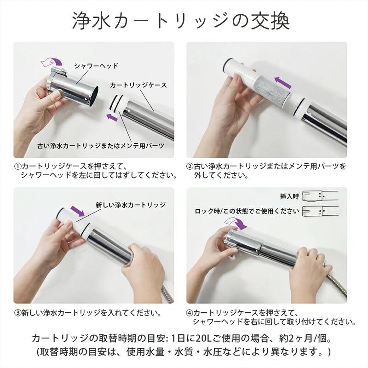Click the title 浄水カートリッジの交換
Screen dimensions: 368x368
[x=181, y=21]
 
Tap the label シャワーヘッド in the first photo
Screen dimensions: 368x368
[x=96, y=66]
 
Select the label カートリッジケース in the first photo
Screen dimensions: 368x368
[x=138, y=85]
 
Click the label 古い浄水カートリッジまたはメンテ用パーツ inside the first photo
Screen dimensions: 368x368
[x=101, y=146]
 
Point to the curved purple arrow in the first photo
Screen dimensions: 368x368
[x=52, y=61]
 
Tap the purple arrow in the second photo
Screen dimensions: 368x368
[x=283, y=82]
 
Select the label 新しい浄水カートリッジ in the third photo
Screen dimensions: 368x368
[x=131, y=205]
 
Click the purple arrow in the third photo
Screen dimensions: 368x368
[x=77, y=211]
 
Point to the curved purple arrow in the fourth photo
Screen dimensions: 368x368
[x=236, y=223]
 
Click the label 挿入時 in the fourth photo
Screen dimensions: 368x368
[x=289, y=196]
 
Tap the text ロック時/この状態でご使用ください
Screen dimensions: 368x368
[x=247, y=211]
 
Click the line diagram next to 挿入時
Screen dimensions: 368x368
[x=320, y=195]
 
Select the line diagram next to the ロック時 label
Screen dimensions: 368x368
[x=320, y=211]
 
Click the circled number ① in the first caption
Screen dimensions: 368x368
[x=18, y=167]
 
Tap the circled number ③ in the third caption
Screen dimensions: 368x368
[x=18, y=313]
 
